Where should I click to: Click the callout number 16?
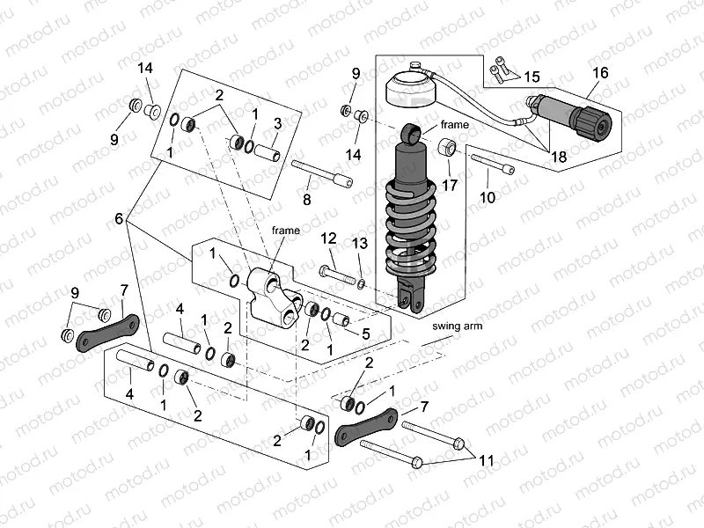pos(599,73)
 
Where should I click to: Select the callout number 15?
pos(533,77)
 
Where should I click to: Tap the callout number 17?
pos(451,186)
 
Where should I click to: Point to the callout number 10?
pos(488,198)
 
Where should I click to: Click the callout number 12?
pos(328,238)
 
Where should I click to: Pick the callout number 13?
pos(359,243)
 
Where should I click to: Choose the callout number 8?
pos(306,201)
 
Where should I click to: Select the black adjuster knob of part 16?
pos(590,121)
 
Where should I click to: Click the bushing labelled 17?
pos(447,146)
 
